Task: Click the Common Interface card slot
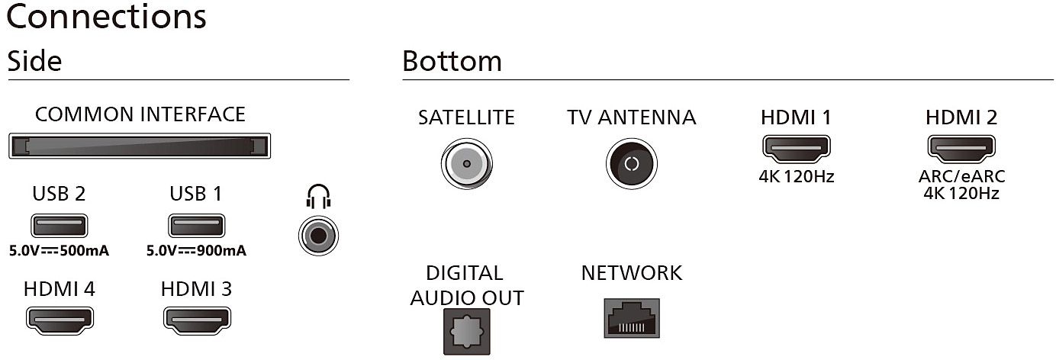click(x=140, y=145)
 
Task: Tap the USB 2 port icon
click(x=59, y=226)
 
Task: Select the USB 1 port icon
click(x=196, y=226)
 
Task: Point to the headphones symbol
click(x=319, y=198)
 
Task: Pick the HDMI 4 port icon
click(x=60, y=320)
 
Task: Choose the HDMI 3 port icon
click(x=197, y=320)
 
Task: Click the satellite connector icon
click(x=466, y=163)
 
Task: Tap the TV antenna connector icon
click(x=631, y=163)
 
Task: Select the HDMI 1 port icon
click(x=797, y=149)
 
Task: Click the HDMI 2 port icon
click(x=961, y=149)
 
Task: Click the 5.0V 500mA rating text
click(x=59, y=250)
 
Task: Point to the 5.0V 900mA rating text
click(x=196, y=250)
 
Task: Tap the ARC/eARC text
click(x=961, y=177)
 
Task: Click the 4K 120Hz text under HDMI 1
click(x=797, y=177)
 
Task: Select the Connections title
click(x=106, y=17)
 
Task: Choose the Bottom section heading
click(x=452, y=62)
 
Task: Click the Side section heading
click(x=34, y=62)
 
